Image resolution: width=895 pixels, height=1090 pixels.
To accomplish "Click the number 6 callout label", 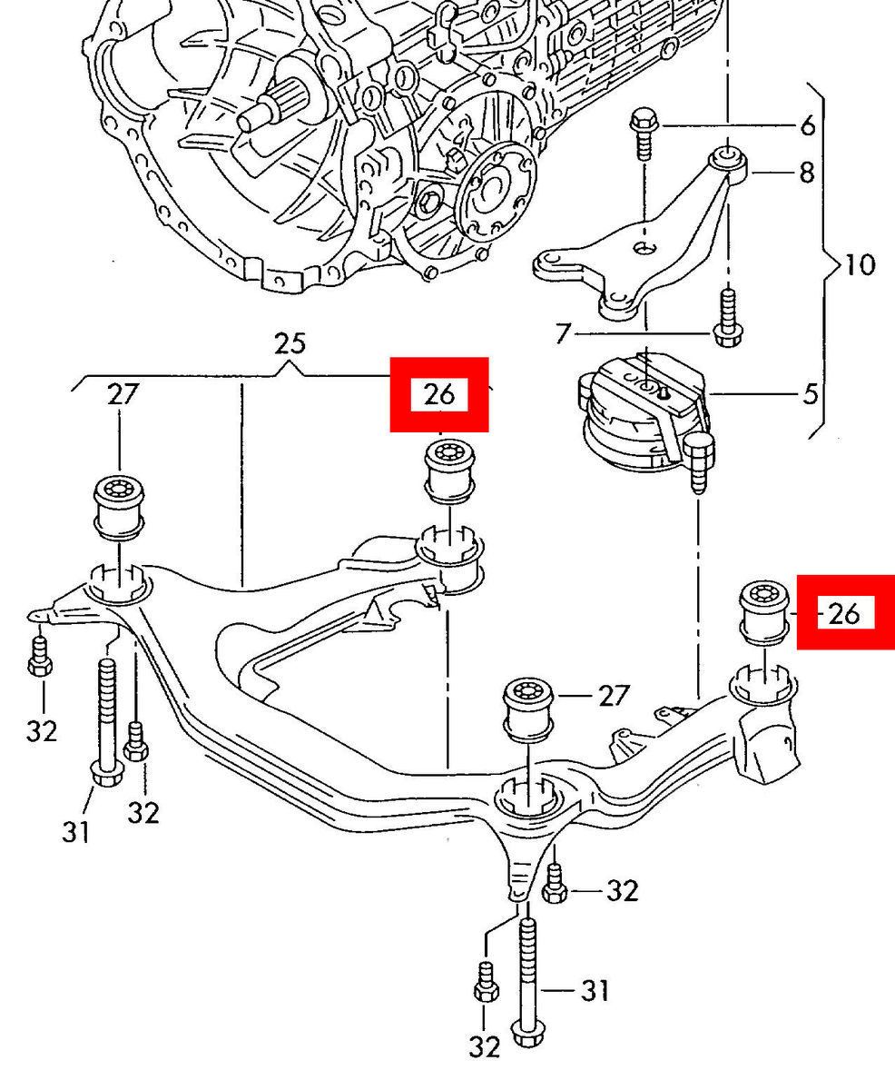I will point(808,125).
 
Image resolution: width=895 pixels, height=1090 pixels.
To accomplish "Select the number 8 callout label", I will point(806,173).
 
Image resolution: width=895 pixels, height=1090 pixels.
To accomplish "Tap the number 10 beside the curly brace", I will point(859,265).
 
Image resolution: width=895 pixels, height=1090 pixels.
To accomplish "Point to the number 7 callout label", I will point(563,334).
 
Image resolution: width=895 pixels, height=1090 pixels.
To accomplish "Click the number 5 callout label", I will point(810,394).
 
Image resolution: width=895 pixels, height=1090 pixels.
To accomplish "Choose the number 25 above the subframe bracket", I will point(290,344).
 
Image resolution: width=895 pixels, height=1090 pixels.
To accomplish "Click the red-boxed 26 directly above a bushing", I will point(439,394).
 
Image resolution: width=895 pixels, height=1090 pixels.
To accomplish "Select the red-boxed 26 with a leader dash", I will point(844,613).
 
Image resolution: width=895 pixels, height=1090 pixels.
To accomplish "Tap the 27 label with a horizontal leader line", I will point(614,696).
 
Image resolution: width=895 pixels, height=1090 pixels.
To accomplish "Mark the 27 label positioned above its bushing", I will point(123,394).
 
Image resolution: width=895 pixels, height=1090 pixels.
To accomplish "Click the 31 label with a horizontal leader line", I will point(595,989).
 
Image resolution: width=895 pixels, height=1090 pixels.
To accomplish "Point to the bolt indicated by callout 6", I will point(644,133).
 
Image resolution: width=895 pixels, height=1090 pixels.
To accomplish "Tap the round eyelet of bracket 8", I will point(728,158).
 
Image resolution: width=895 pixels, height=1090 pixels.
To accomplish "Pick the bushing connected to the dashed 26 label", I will point(762,611).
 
